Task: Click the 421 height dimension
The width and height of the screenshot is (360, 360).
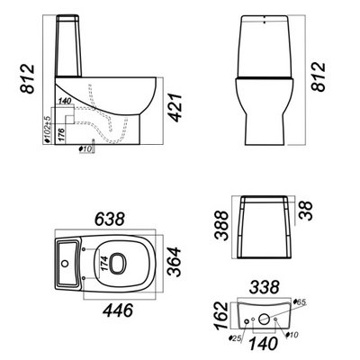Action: coord(175,108)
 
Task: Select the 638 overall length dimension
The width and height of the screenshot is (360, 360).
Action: coord(110,220)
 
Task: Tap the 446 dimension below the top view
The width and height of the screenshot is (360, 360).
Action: coord(118,310)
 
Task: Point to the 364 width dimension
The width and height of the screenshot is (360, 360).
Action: coord(174,262)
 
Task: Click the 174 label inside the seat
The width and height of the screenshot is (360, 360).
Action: coord(103,264)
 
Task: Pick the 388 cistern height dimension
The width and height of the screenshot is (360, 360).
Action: coord(222,226)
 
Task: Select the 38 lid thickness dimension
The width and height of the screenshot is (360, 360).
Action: coord(306,211)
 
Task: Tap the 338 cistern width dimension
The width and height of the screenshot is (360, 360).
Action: coord(265,287)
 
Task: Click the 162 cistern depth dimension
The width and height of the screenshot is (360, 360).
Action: coord(222,316)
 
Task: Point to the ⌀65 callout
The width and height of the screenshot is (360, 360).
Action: coord(299,302)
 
